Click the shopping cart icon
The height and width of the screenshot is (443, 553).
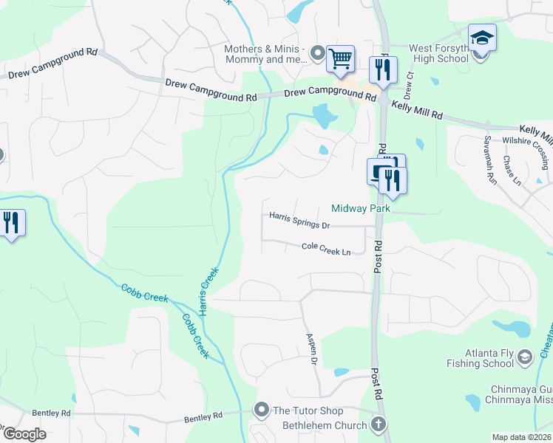(x=340, y=59)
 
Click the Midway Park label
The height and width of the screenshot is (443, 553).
(x=360, y=209)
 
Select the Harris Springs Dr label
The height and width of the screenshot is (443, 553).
(x=299, y=219)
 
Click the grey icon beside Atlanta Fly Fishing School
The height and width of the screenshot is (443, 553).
(x=525, y=357)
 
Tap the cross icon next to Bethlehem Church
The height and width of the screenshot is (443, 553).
(x=378, y=425)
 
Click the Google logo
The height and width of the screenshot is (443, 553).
(x=24, y=434)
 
